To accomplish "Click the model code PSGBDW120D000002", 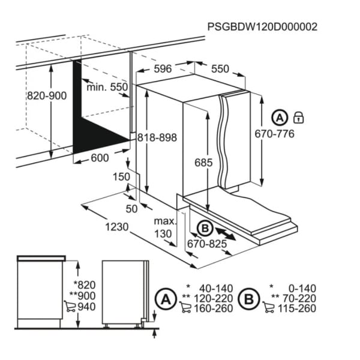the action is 262,27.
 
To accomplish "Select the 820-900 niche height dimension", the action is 47,96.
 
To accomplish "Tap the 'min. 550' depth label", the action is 107,87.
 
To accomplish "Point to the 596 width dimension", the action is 163,68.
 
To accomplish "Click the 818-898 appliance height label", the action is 157,137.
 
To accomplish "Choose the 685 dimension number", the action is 203,163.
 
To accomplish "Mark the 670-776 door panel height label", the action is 275,134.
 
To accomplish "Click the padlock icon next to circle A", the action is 298,118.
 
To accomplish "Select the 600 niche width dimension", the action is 100,158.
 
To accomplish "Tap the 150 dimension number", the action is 121,177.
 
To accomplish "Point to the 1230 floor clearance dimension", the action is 117,227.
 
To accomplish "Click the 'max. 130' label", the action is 166,227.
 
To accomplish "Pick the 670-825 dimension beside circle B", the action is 207,244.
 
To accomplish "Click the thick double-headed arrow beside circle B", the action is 226,234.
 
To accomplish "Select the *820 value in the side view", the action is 85,285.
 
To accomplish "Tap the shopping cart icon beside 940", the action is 70,306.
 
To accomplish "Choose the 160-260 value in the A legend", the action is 214,308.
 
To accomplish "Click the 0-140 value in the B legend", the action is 302,289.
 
